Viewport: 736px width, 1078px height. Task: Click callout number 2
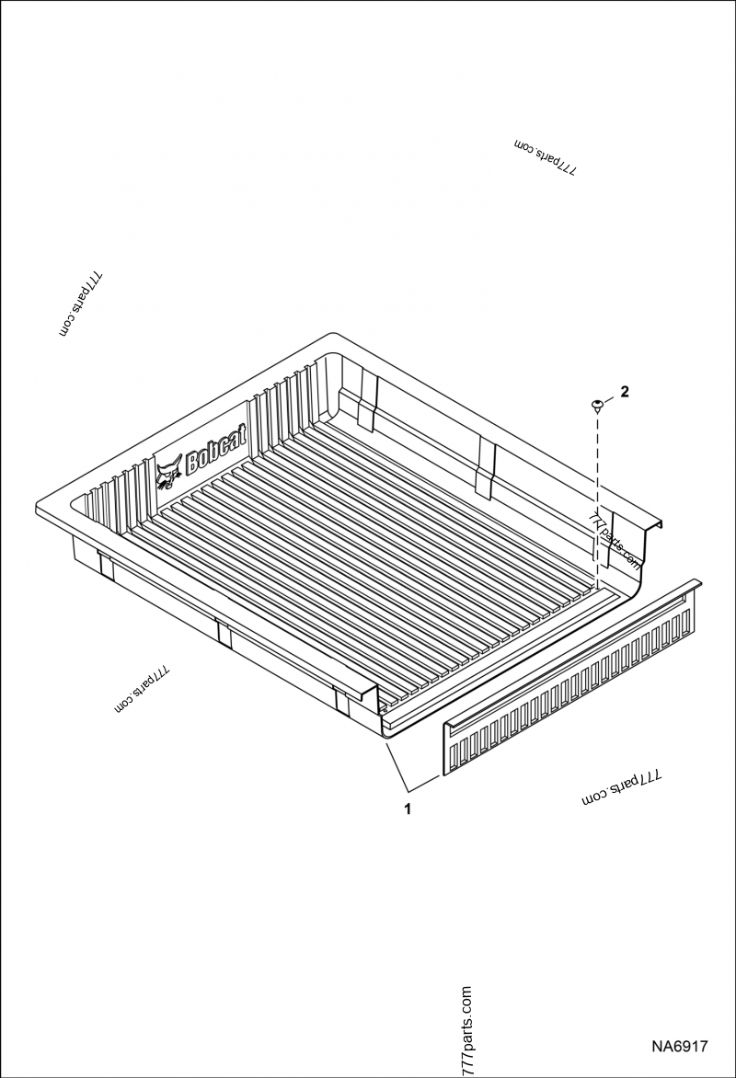coord(625,392)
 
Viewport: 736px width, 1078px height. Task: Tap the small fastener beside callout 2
coord(597,404)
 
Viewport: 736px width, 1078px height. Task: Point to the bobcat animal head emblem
coord(167,475)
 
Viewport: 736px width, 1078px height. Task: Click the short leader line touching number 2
coord(611,398)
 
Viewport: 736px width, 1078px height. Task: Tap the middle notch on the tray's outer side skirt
coord(223,634)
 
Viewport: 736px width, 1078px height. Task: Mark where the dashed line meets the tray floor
coord(597,585)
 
